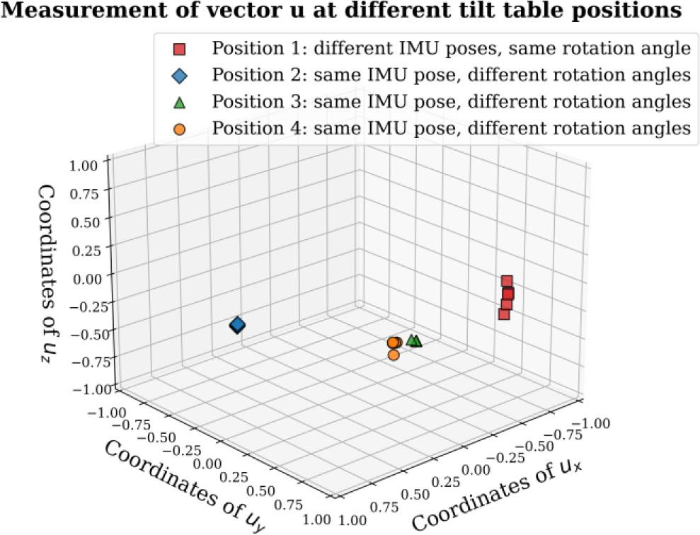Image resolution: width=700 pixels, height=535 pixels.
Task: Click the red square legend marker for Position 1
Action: point(180,50)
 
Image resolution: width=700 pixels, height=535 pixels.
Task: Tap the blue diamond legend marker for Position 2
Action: point(180,75)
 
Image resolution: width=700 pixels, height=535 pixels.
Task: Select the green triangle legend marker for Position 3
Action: point(180,102)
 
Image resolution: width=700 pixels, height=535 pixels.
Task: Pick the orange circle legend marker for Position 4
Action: point(180,129)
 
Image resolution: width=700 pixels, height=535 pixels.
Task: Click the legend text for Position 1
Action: point(450,50)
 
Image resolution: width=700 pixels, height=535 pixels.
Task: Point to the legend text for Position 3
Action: point(450,102)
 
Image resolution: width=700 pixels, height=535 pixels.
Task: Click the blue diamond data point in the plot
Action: point(237,325)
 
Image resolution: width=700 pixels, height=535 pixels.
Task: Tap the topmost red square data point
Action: point(507,281)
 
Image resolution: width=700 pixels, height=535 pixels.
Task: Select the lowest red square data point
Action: point(504,313)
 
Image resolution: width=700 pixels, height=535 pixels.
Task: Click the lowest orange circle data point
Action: point(394,355)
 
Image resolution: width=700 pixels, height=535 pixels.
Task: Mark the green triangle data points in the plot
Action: point(414,340)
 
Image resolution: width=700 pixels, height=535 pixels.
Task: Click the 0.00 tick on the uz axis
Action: point(88,277)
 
